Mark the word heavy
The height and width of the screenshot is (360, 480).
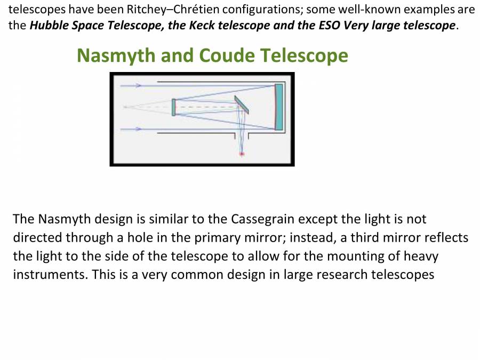[x=420, y=256]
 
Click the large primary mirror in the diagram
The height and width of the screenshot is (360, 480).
[x=278, y=107]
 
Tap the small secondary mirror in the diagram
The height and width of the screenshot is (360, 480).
[x=174, y=107]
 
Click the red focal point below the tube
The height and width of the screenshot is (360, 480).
[x=242, y=154]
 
